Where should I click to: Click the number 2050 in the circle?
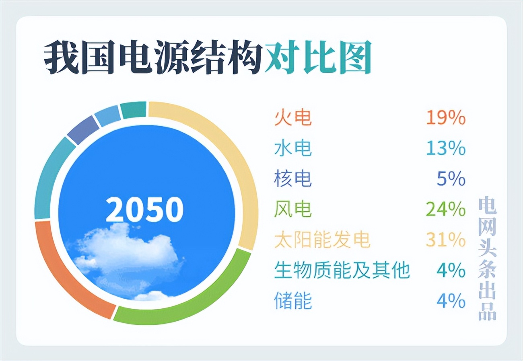(144, 209)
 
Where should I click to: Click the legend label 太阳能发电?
(322, 240)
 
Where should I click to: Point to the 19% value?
(446, 118)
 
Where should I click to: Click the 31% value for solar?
(446, 240)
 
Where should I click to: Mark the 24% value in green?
(446, 209)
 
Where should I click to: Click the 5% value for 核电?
(451, 179)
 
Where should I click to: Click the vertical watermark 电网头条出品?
(487, 259)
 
